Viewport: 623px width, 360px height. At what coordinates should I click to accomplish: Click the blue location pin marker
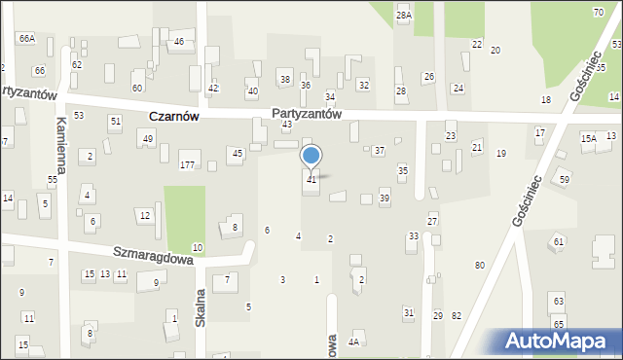click(x=311, y=157)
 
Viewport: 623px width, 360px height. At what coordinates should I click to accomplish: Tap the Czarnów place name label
click(x=174, y=116)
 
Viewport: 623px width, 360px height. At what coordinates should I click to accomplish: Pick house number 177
click(x=187, y=165)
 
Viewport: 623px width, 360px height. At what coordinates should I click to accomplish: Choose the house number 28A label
click(x=404, y=16)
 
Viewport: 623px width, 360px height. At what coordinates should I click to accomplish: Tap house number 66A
click(x=26, y=38)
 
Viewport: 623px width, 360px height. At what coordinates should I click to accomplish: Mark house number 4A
click(x=355, y=342)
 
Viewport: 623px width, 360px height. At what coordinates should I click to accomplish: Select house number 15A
click(x=588, y=139)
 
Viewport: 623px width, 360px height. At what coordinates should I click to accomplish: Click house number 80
click(x=480, y=266)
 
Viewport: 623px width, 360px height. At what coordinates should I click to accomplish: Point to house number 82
click(x=457, y=315)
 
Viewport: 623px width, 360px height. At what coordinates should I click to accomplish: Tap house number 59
click(x=565, y=180)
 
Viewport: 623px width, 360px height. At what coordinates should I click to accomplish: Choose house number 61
click(x=559, y=241)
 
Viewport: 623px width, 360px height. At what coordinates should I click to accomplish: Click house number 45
click(x=238, y=154)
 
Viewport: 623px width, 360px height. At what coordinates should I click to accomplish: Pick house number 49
click(x=148, y=139)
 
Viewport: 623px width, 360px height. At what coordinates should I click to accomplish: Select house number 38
click(x=285, y=79)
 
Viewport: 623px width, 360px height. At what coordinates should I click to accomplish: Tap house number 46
click(x=179, y=42)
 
